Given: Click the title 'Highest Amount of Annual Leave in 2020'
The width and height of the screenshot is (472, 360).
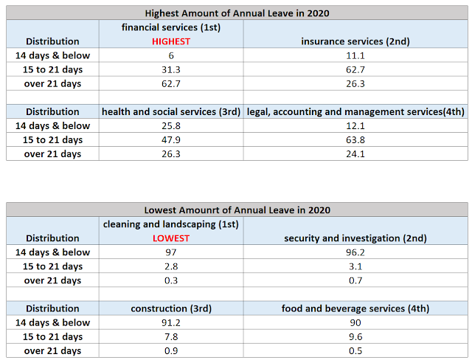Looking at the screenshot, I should click(x=237, y=13).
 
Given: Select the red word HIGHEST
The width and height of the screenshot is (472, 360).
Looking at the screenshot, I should click(x=171, y=41).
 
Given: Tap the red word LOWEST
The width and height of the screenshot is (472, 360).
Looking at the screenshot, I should click(x=171, y=238).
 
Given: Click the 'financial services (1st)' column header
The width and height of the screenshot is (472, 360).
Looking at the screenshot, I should click(x=171, y=27).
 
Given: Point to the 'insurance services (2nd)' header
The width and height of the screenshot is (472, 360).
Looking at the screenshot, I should click(x=356, y=41).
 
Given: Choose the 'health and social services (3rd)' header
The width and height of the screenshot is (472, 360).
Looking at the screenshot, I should click(x=171, y=111).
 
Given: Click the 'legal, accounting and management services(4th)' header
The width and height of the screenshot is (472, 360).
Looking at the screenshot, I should click(x=356, y=111).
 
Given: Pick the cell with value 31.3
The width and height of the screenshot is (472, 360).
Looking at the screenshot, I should click(x=171, y=69).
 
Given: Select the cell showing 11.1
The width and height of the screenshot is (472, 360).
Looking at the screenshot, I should click(x=356, y=55).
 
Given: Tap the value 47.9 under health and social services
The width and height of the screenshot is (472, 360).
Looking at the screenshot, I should click(x=171, y=139).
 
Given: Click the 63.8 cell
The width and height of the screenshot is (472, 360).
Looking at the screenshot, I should click(x=356, y=139).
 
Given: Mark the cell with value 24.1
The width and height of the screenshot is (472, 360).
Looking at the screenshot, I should click(x=356, y=153).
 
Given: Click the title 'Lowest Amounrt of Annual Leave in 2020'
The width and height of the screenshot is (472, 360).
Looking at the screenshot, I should click(x=237, y=210).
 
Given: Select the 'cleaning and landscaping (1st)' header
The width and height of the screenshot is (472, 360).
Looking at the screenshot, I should click(x=171, y=224).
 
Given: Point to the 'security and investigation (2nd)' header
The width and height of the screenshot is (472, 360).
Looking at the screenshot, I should click(x=356, y=238).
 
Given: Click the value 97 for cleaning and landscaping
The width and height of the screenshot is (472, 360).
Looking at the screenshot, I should click(x=171, y=252).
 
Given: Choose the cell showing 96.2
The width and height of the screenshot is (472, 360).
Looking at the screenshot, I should click(x=356, y=252).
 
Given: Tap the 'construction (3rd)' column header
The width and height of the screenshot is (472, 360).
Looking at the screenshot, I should click(x=171, y=308).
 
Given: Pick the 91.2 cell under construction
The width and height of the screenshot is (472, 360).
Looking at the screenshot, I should click(x=171, y=322).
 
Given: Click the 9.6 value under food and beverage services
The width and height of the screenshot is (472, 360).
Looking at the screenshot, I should click(x=356, y=336).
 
